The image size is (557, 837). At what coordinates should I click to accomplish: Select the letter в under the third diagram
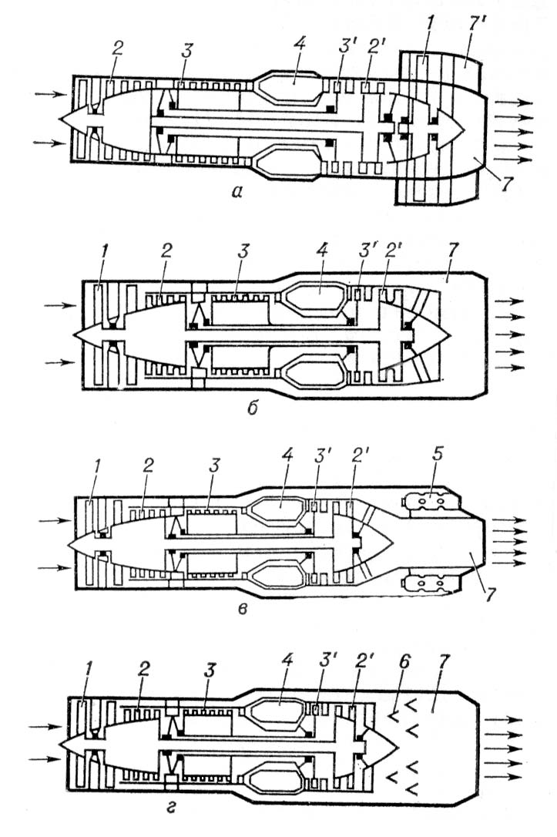(x=243, y=609)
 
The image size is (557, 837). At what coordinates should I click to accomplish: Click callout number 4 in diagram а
(x=300, y=43)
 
